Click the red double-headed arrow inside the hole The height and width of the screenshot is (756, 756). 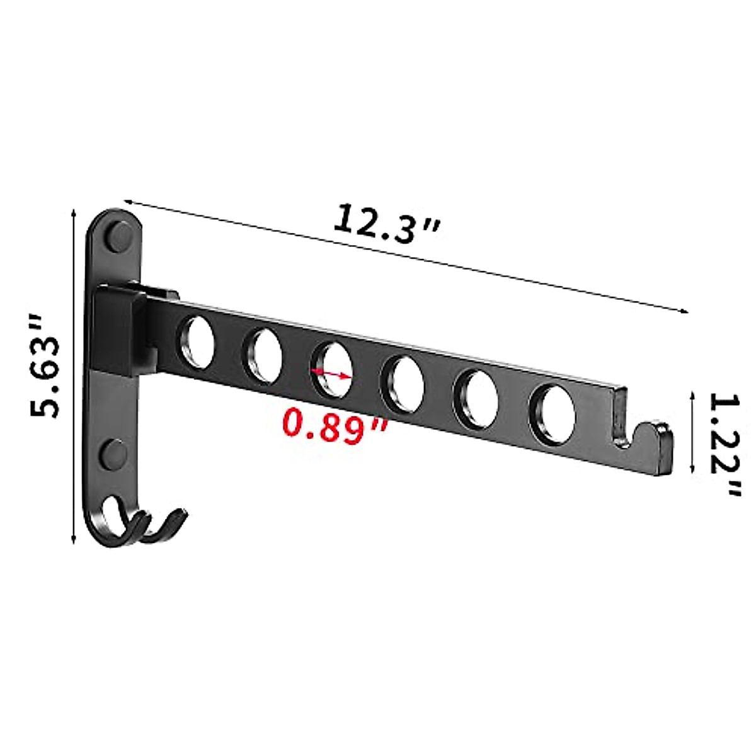pyautogui.click(x=331, y=374)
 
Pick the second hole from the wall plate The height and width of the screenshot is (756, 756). pyautogui.click(x=262, y=355)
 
